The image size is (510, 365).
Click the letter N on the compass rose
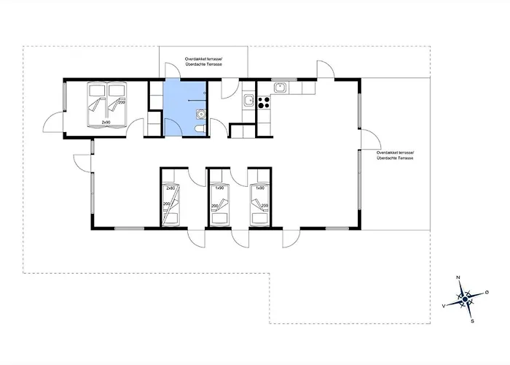coord(458,278)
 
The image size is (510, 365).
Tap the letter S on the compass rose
coord(472,320)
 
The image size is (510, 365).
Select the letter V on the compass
coord(444,306)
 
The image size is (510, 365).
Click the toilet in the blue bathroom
coord(200,129)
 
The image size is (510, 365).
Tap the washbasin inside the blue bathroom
coord(200,113)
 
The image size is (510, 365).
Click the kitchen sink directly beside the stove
coord(248,101)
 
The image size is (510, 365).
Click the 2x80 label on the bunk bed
coord(170,188)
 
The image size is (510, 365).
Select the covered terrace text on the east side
coord(396,155)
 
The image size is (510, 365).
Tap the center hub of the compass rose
coord(465,299)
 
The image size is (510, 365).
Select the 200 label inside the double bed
coord(121,101)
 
